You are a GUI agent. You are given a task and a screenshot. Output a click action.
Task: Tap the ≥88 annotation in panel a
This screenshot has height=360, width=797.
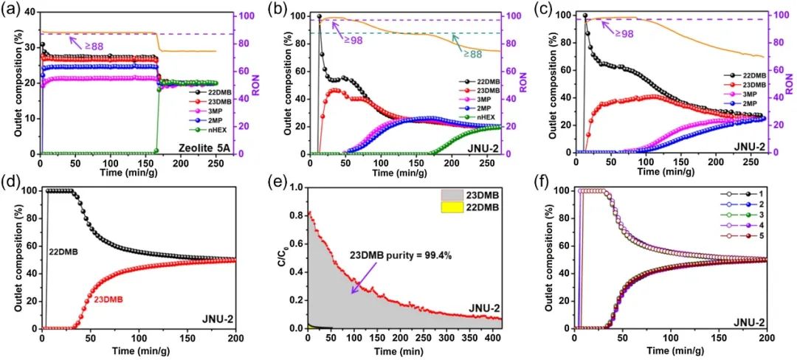[x=94, y=46]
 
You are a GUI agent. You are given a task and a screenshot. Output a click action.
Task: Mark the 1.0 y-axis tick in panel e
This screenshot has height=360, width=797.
[x=297, y=187]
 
